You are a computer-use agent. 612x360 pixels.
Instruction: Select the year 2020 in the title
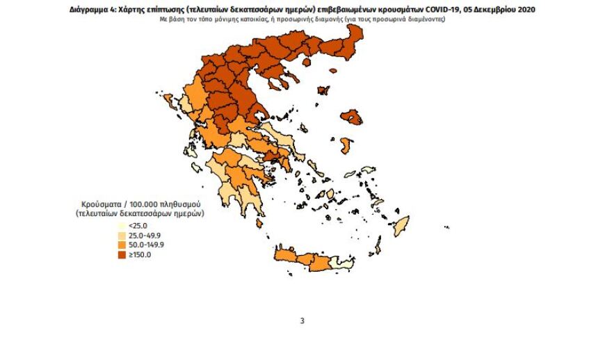click(x=526, y=10)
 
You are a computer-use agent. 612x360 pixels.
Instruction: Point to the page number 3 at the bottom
click(x=302, y=320)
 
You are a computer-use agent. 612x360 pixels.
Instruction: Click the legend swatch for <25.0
click(x=122, y=226)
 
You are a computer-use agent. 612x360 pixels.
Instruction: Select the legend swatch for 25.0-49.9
click(x=122, y=236)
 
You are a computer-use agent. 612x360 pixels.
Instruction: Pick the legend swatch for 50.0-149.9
click(x=122, y=245)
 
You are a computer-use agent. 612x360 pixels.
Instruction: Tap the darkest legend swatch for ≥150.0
click(x=122, y=254)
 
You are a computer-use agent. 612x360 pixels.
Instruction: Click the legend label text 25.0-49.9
click(x=145, y=236)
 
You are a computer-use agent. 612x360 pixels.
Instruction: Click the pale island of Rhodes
click(x=400, y=224)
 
